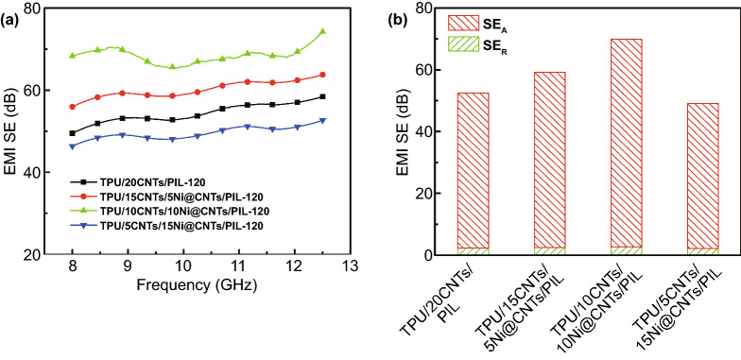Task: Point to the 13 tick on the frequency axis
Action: point(350,267)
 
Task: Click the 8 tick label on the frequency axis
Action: point(72,267)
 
